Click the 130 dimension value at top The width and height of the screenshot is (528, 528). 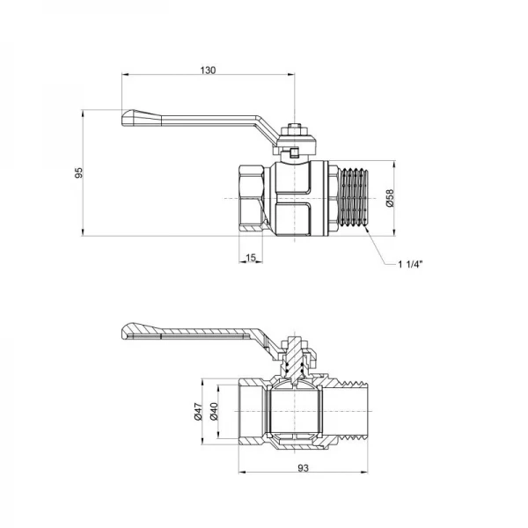click(x=208, y=70)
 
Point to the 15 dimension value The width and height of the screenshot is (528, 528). click(x=251, y=257)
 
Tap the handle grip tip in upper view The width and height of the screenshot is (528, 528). click(x=134, y=118)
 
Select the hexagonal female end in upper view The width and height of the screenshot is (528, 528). click(x=255, y=198)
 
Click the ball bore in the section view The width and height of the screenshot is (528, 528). click(x=294, y=414)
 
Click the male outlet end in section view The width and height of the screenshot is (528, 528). click(x=352, y=414)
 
